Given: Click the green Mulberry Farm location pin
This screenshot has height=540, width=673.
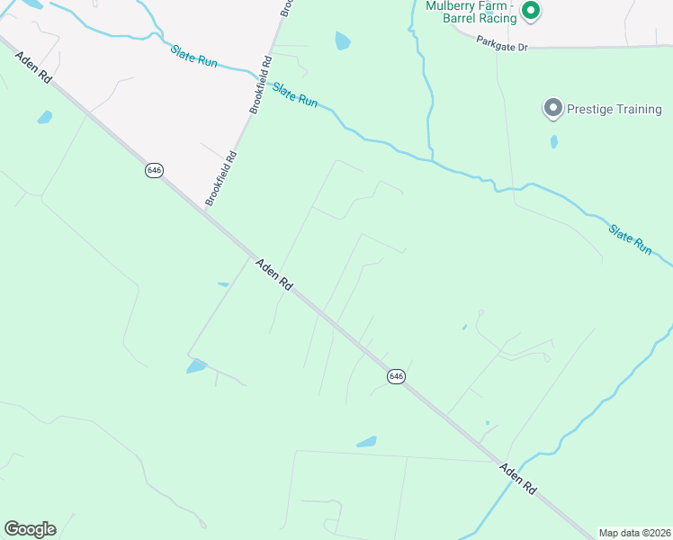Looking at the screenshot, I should coord(531,11).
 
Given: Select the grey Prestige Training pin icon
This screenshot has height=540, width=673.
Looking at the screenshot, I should coord(552,109).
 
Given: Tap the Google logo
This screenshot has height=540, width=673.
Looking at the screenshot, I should coord(30,528).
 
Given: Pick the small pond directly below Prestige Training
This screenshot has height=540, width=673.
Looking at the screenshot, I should coord(553,141).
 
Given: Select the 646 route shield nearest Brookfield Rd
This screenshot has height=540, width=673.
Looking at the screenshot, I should coord(154,170).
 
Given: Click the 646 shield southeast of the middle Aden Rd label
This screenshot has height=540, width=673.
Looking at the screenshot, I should coord(396,375).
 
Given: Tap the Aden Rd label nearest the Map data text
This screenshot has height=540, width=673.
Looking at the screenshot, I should coord(518,479).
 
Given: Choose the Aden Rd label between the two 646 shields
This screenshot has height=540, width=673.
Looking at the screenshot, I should coord(274,274).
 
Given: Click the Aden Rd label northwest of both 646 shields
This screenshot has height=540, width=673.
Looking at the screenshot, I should coord(33,68).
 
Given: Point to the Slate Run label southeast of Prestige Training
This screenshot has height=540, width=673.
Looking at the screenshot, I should coord(630,239).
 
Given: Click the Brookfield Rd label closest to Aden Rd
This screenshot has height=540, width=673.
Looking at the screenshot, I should coord(220,178).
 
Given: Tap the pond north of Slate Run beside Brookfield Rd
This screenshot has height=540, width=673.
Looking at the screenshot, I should coord(343,40).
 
